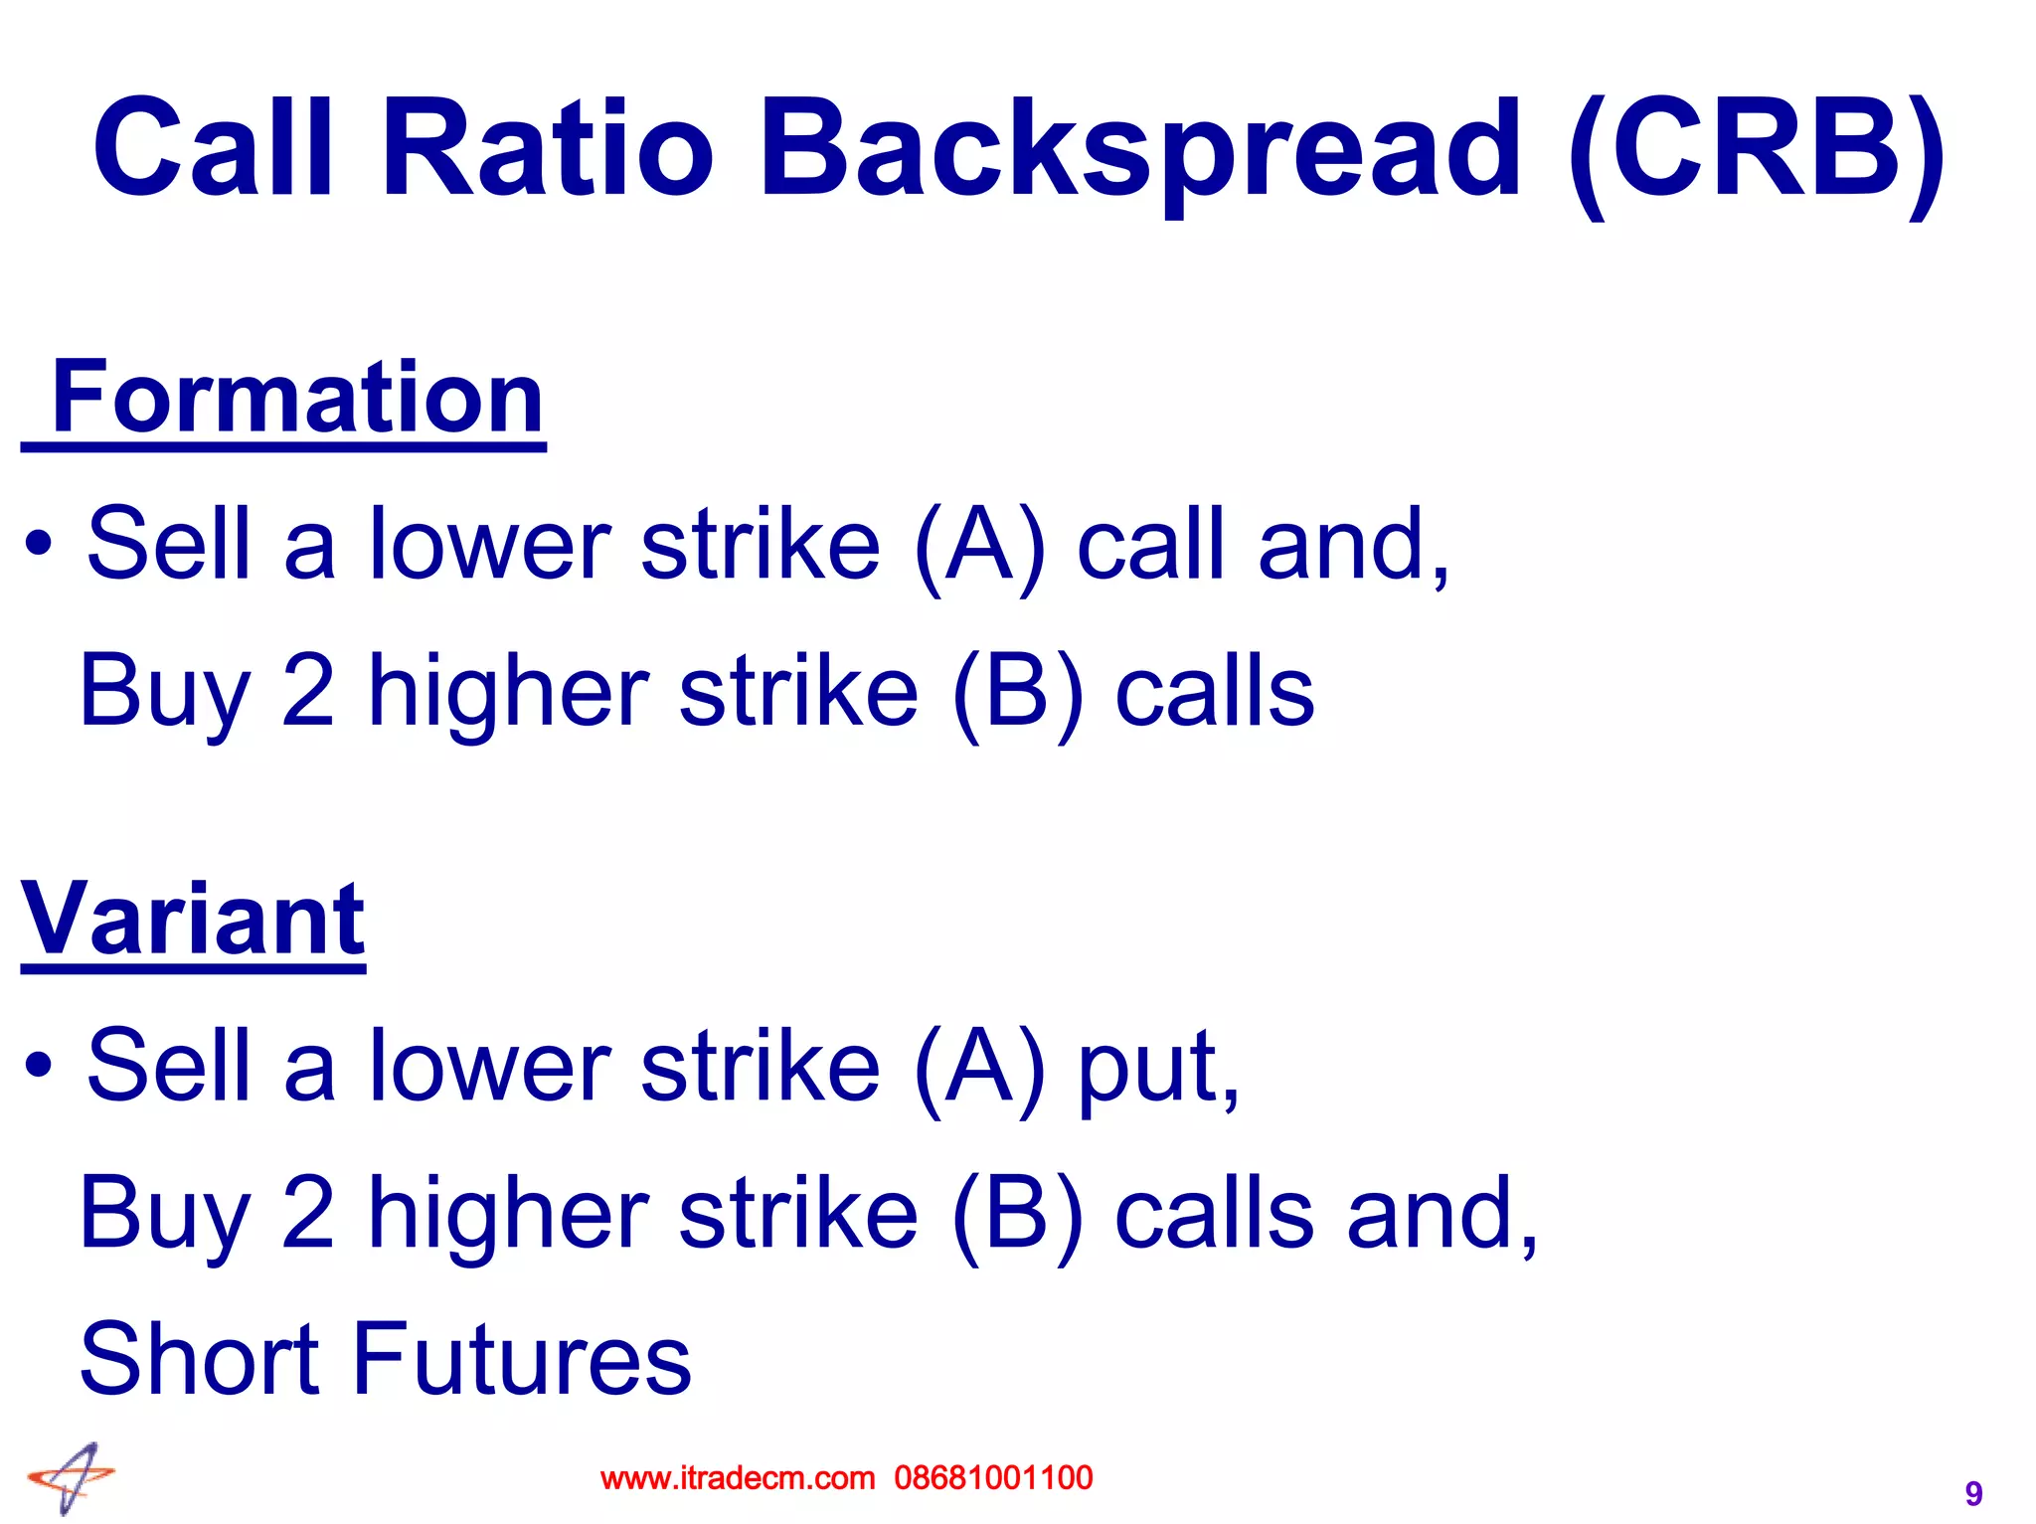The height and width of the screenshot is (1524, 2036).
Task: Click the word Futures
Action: [x=522, y=1359]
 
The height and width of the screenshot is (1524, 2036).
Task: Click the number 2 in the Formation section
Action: [x=308, y=691]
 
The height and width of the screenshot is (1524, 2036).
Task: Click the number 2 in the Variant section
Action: [x=308, y=1213]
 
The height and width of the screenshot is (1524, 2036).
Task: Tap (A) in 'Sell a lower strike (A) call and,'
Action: [x=979, y=545]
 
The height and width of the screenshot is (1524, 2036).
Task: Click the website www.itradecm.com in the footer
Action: [x=738, y=1478]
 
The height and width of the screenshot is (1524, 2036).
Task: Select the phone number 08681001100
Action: [x=993, y=1478]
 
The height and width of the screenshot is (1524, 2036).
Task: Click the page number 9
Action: [x=1973, y=1493]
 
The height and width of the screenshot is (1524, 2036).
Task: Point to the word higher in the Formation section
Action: [x=508, y=691]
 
